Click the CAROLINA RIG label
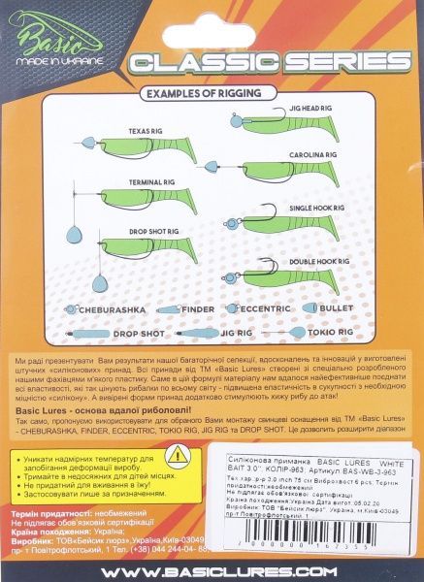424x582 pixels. [x=314, y=154]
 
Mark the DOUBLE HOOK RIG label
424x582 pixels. [x=316, y=261]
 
